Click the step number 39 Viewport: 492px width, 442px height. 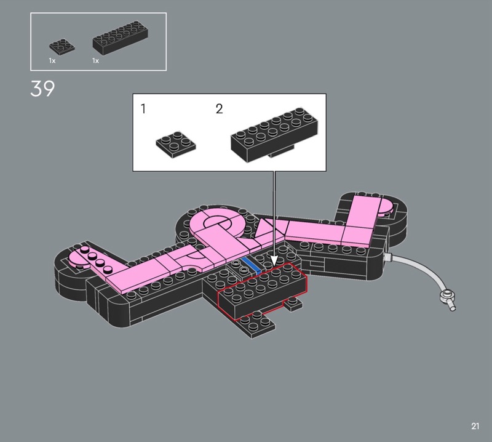click(x=42, y=88)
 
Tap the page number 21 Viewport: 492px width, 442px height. click(x=475, y=426)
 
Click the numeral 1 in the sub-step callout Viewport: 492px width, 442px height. click(x=143, y=109)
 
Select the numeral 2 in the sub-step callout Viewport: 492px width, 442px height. click(x=220, y=109)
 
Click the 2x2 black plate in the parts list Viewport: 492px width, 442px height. click(x=62, y=47)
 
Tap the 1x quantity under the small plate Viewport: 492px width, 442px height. click(x=52, y=60)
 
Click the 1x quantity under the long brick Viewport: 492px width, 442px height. click(x=96, y=60)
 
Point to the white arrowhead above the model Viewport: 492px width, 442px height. click(x=274, y=260)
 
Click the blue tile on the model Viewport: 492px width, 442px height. click(x=251, y=266)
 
